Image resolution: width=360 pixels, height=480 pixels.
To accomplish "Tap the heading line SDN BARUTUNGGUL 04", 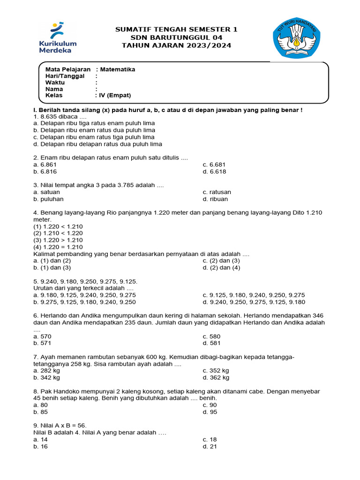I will (x=176, y=37).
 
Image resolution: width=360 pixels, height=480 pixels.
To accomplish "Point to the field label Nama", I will (x=54, y=89).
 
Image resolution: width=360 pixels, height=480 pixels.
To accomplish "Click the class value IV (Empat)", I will (x=115, y=96).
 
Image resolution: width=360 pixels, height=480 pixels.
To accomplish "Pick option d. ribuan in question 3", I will (x=215, y=199).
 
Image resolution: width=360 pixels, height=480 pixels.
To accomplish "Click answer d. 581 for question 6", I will (x=211, y=343).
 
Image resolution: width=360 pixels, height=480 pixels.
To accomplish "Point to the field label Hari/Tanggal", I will (x=65, y=76).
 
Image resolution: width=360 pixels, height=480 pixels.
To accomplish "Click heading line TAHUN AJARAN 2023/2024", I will (x=176, y=45).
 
